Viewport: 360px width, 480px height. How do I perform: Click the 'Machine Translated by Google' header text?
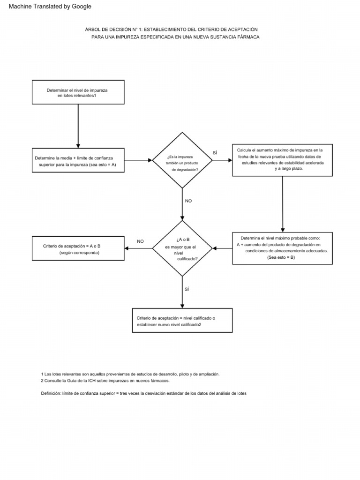50,7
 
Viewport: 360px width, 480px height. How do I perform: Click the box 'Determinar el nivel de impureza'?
78,92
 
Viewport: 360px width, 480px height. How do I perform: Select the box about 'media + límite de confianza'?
78,161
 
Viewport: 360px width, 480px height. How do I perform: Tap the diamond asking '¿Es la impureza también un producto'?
182,160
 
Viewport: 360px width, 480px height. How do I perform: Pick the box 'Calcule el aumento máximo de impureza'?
282,160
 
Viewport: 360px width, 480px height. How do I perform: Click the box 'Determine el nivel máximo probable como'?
282,248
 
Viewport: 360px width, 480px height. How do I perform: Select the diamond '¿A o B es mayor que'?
182,248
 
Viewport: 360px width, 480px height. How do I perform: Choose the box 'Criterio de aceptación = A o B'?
78,248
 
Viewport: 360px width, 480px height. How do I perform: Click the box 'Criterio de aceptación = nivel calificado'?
182,321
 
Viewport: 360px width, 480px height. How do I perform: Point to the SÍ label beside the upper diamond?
215,153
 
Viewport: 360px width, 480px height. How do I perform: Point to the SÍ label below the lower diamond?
187,289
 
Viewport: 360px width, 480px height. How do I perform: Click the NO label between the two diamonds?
188,201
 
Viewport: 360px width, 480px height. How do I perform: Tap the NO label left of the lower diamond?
140,241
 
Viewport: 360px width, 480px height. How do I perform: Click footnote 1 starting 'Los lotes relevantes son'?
130,374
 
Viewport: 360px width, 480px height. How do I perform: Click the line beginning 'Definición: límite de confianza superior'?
143,393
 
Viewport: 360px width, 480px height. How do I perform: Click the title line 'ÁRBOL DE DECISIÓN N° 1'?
172,29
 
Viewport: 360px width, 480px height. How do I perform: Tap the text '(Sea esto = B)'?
281,257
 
